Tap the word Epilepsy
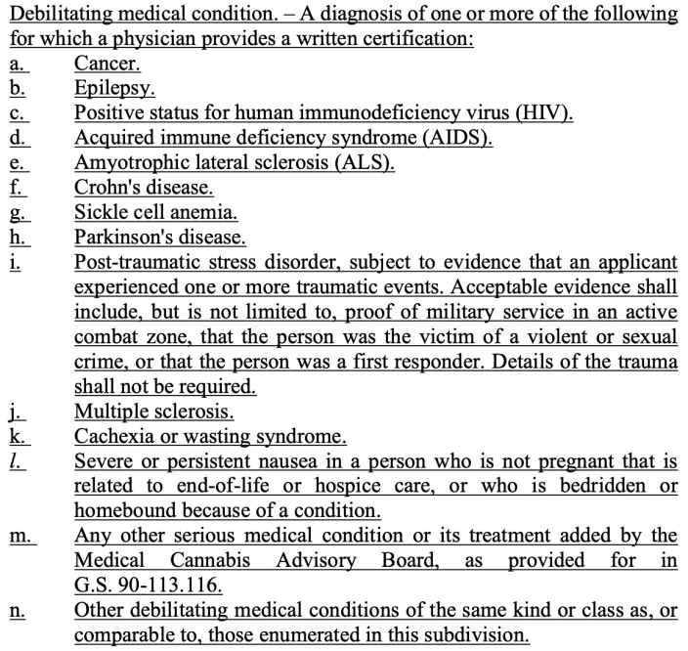point(112,88)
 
